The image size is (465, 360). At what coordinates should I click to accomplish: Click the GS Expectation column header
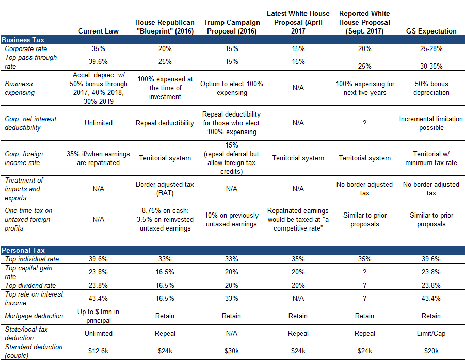click(x=431, y=31)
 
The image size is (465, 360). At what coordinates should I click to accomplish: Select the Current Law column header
click(x=99, y=31)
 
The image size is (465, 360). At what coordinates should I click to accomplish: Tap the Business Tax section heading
click(x=23, y=40)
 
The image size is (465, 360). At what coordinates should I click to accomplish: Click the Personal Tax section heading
click(x=23, y=250)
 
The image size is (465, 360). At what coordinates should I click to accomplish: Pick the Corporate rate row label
click(x=26, y=48)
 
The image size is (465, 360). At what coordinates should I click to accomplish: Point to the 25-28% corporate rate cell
click(x=431, y=48)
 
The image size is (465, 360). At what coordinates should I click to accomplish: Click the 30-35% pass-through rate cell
click(x=431, y=66)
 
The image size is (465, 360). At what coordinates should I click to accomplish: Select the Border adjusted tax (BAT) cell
click(x=165, y=189)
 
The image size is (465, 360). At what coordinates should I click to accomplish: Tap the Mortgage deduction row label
click(x=34, y=316)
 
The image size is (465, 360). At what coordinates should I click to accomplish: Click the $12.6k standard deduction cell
click(x=99, y=351)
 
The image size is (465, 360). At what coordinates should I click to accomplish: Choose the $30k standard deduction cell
click(x=232, y=351)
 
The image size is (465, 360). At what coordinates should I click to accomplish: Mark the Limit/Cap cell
click(x=431, y=333)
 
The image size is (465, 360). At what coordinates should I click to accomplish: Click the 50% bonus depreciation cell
click(x=431, y=88)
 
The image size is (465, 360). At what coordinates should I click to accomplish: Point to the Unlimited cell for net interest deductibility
click(x=99, y=123)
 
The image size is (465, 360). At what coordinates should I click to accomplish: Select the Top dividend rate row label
click(x=30, y=285)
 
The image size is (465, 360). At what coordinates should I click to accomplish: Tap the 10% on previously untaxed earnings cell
click(x=232, y=220)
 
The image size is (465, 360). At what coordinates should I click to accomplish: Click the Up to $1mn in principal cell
click(x=99, y=316)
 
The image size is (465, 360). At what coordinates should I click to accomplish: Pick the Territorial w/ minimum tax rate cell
click(x=431, y=158)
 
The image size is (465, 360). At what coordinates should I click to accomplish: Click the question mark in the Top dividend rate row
click(x=364, y=285)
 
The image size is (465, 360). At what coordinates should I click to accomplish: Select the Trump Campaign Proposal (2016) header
click(x=232, y=27)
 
